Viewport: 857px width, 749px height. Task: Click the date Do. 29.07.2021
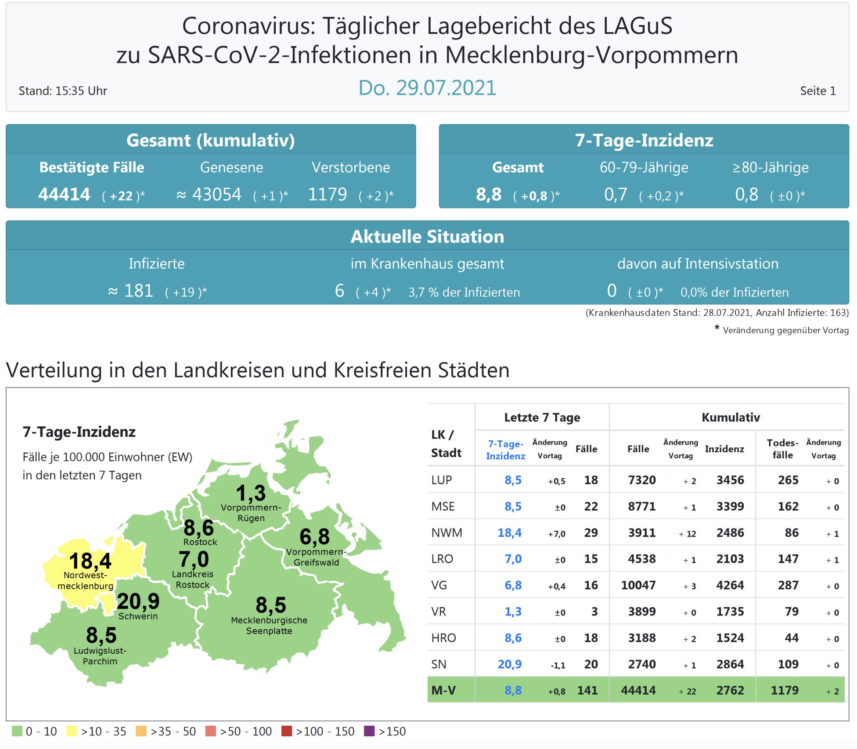point(427,88)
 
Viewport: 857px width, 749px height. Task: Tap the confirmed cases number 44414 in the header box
point(64,194)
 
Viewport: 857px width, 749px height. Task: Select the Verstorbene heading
point(350,168)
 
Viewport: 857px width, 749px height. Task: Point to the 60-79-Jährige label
point(644,168)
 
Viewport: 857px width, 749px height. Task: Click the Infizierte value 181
point(138,291)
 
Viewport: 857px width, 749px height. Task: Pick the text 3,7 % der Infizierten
point(464,292)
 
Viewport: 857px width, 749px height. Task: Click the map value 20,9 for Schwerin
point(138,601)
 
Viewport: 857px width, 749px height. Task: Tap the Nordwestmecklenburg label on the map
point(86,580)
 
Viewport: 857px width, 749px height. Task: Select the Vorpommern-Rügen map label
point(251,513)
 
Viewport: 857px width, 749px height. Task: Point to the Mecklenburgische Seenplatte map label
point(269,626)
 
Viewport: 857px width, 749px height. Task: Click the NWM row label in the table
point(447,533)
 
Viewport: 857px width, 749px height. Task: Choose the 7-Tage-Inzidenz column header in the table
point(505,450)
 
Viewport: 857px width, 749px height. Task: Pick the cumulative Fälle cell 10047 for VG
point(638,585)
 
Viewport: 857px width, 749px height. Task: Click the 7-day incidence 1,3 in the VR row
point(513,612)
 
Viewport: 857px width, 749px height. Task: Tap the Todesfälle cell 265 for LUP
point(788,480)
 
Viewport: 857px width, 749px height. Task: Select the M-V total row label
point(443,691)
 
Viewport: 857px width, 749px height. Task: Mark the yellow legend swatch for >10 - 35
point(71,731)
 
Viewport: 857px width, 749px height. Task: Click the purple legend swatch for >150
point(369,731)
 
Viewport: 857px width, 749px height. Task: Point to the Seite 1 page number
point(817,91)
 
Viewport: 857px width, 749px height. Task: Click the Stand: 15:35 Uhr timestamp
point(63,91)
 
